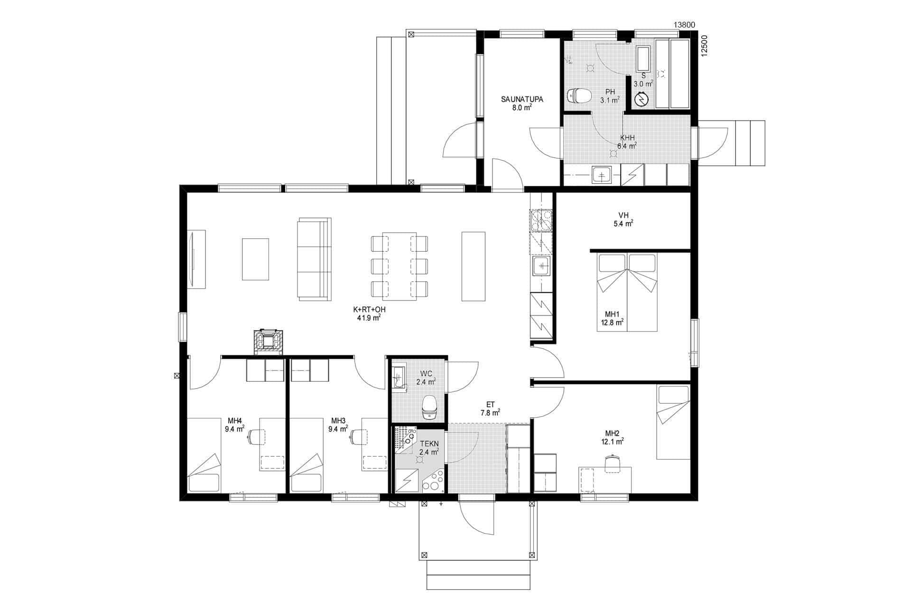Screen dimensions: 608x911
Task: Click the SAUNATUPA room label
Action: pos(522,104)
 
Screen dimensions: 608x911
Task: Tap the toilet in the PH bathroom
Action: pos(579,96)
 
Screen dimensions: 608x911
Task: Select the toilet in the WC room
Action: pos(429,407)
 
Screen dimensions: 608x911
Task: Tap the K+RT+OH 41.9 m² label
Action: pos(369,314)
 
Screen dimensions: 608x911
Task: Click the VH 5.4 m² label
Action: pos(623,219)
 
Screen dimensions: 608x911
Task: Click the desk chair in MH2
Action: pos(613,463)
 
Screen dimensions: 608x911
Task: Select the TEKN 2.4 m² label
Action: pos(428,448)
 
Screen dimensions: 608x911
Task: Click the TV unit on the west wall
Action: pos(196,259)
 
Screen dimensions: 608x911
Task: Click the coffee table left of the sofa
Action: pos(255,259)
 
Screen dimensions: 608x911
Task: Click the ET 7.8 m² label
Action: pos(490,408)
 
